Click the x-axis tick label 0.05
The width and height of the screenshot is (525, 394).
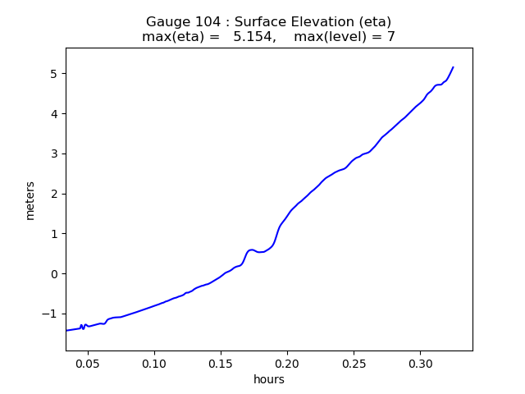pyautogui.click(x=88, y=363)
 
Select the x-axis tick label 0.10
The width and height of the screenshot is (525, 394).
pyautogui.click(x=154, y=363)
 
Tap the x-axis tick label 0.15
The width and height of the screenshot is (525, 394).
pyautogui.click(x=221, y=363)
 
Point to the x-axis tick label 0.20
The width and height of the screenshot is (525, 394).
pyautogui.click(x=287, y=363)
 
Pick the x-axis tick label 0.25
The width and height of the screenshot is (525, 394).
pyautogui.click(x=354, y=363)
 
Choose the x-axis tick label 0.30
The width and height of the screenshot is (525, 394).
pyautogui.click(x=420, y=363)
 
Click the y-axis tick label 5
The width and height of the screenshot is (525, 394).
pyautogui.click(x=54, y=74)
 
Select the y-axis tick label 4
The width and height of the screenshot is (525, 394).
pyautogui.click(x=54, y=114)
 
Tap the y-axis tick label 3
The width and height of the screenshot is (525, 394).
pyautogui.click(x=54, y=153)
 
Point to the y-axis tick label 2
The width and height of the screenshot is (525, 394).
pyautogui.click(x=54, y=194)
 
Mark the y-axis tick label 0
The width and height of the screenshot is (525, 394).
pyautogui.click(x=54, y=273)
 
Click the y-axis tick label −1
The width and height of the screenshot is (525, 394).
pyautogui.click(x=50, y=314)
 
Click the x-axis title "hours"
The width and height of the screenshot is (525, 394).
pyautogui.click(x=269, y=379)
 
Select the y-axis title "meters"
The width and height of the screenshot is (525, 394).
pyautogui.click(x=30, y=200)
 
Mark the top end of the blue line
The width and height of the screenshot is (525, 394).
pyautogui.click(x=453, y=67)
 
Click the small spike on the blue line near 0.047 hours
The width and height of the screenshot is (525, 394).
pyautogui.click(x=82, y=325)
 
